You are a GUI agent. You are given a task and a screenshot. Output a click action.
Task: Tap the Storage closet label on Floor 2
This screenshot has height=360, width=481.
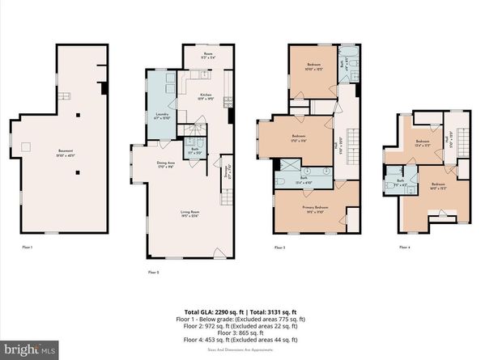point(226,172)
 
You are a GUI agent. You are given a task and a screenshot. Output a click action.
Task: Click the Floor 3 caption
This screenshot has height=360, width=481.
point(279,247)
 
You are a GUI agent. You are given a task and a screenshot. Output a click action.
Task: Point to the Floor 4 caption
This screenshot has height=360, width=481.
point(404,247)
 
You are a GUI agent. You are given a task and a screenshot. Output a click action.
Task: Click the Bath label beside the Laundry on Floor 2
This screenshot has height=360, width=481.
point(195,150)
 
